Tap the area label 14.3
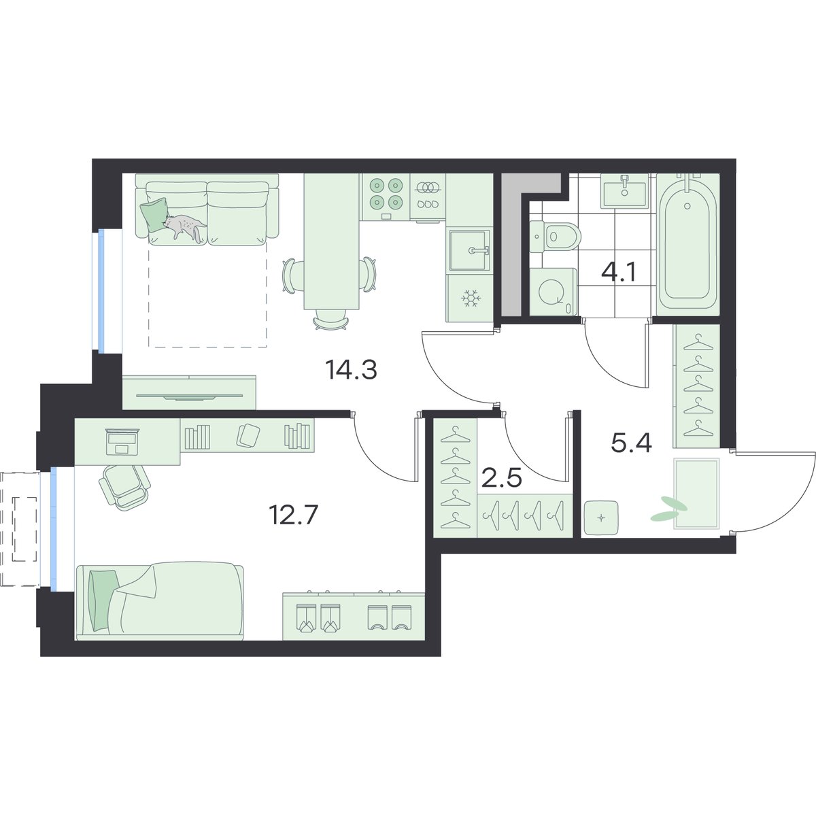tap(351, 370)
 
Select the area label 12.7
tap(293, 515)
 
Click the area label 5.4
tap(631, 443)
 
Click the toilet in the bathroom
tap(555, 237)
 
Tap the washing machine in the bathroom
tap(553, 292)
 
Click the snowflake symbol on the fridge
tap(469, 298)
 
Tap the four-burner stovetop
tap(386, 197)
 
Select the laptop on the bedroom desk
tap(122, 441)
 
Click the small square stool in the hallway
tap(601, 518)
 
